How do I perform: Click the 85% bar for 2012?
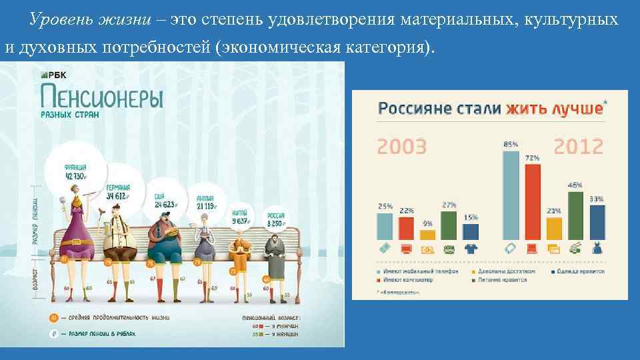coord(511,195)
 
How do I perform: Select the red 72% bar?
coord(532,201)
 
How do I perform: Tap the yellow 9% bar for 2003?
coord(427,234)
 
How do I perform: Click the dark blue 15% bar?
coord(471,231)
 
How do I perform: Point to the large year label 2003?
coord(402,146)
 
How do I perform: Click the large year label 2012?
coord(578,146)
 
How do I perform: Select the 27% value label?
coord(449,205)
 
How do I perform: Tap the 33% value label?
coord(597,198)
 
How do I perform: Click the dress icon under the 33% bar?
coord(597,248)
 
